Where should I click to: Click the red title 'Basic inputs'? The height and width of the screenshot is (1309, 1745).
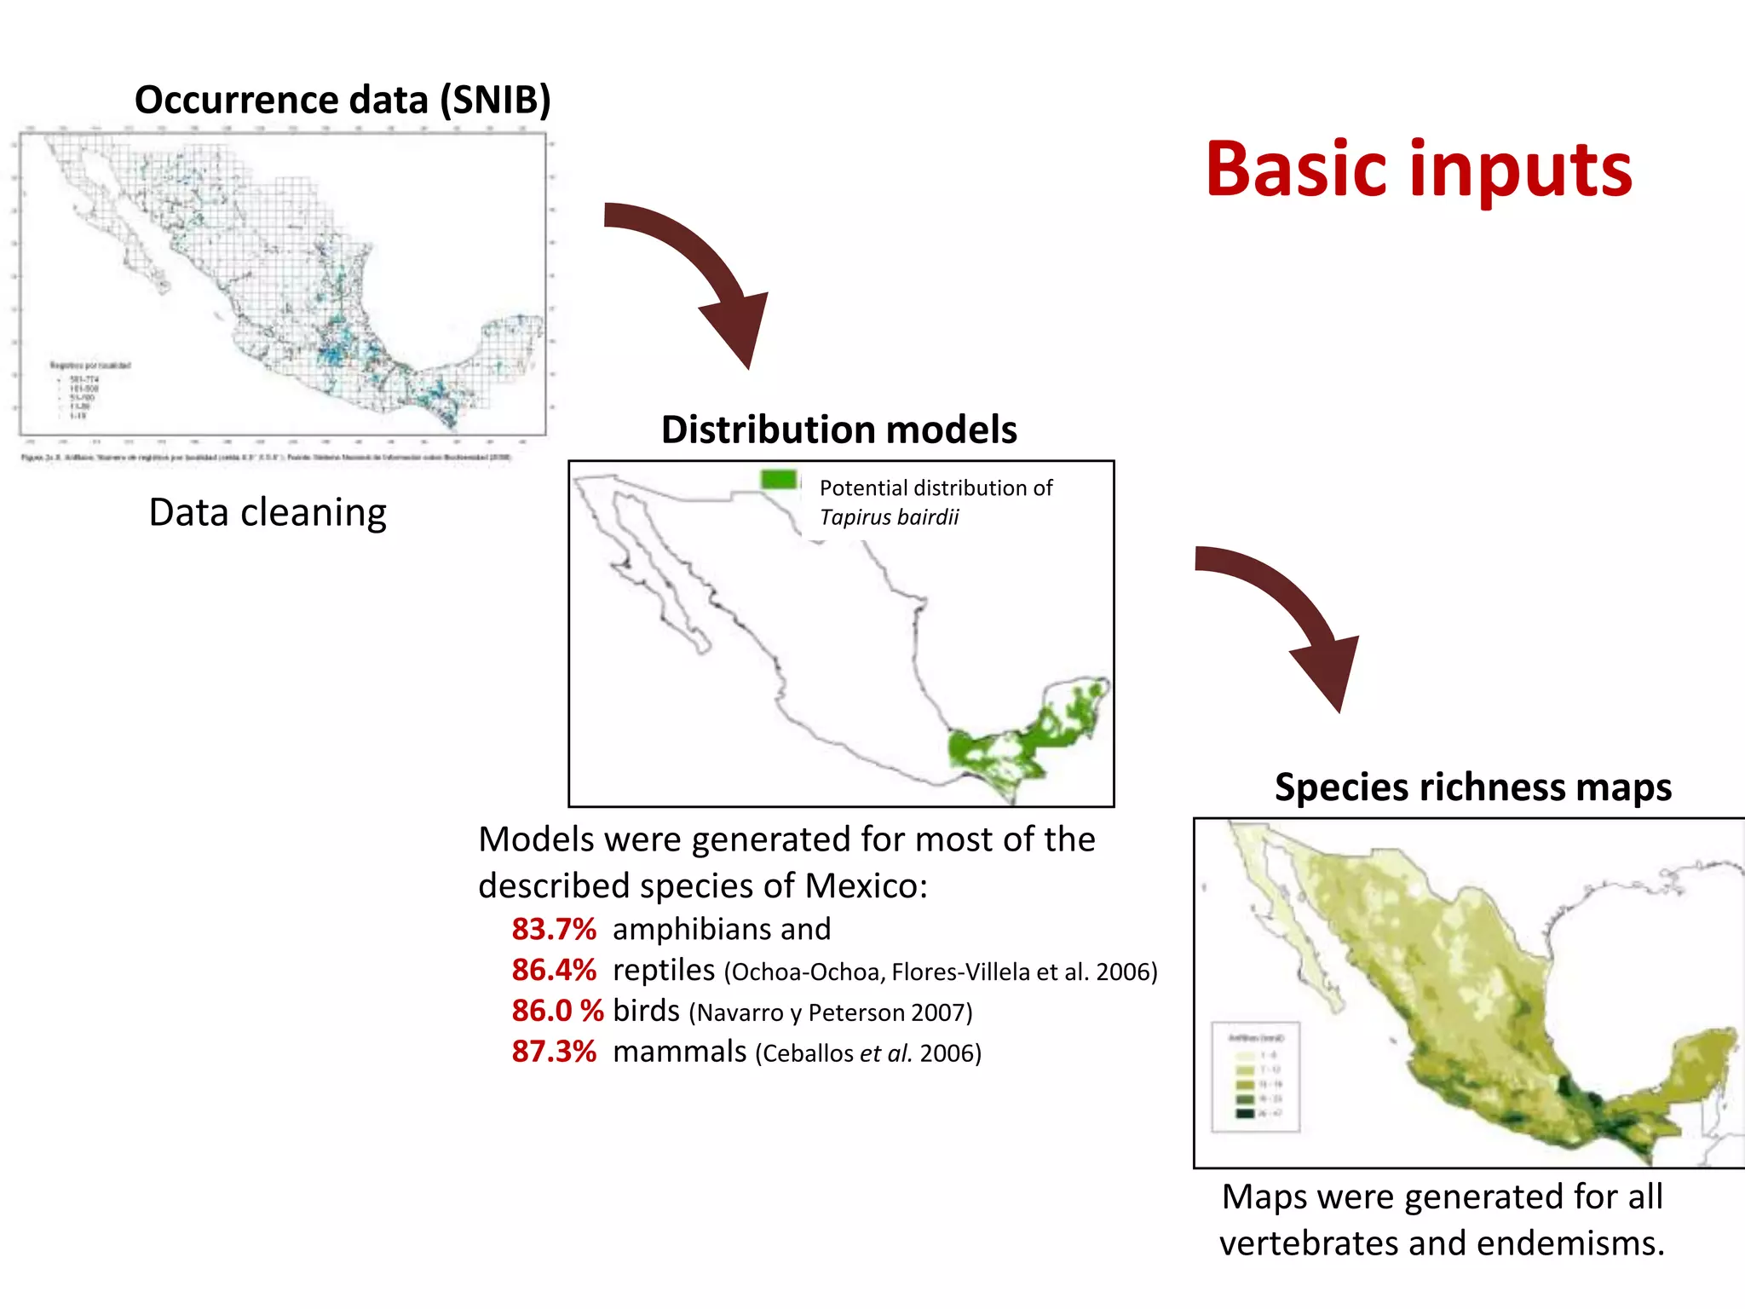1418,170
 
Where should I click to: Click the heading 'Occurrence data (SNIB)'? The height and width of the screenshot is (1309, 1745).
343,100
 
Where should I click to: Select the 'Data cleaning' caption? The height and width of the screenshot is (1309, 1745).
268,513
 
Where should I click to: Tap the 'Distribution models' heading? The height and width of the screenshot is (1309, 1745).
838,430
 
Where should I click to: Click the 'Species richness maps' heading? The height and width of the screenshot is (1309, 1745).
1472,787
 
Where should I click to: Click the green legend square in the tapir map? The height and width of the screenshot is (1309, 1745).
779,480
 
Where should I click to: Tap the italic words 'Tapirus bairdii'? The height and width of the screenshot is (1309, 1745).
889,517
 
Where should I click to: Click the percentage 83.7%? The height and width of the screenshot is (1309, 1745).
554,929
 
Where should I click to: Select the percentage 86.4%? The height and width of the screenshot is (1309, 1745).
554,970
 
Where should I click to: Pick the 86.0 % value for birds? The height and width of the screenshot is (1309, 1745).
557,1011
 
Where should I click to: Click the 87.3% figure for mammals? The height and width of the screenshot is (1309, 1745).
554,1052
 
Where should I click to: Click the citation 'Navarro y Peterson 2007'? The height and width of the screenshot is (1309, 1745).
831,1012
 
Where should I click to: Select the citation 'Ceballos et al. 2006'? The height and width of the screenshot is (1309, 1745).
868,1053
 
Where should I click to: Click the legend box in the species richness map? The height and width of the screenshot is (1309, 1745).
1256,1076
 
